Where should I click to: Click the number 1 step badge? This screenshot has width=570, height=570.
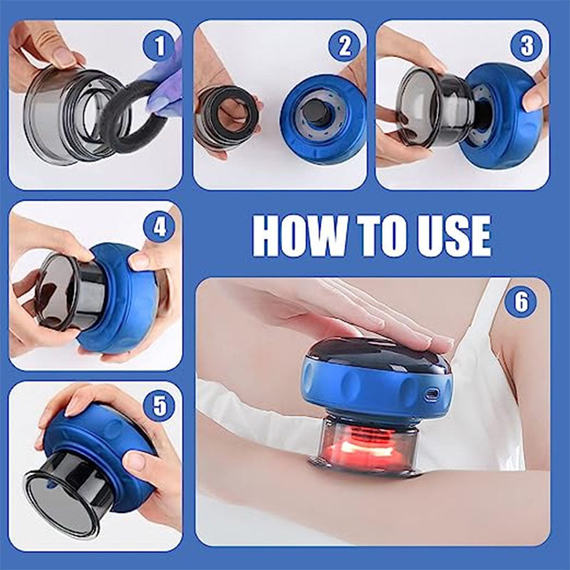pyautogui.click(x=159, y=46)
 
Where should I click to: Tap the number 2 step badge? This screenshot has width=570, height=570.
pyautogui.click(x=344, y=46)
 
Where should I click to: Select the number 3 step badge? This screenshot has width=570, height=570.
pyautogui.click(x=526, y=46)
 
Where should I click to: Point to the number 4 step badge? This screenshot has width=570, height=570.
pyautogui.click(x=159, y=229)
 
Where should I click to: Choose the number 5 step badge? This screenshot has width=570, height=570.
pyautogui.click(x=159, y=407)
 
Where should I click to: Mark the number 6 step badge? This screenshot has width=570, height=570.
pyautogui.click(x=521, y=302)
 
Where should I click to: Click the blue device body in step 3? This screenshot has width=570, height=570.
pyautogui.click(x=502, y=114)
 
